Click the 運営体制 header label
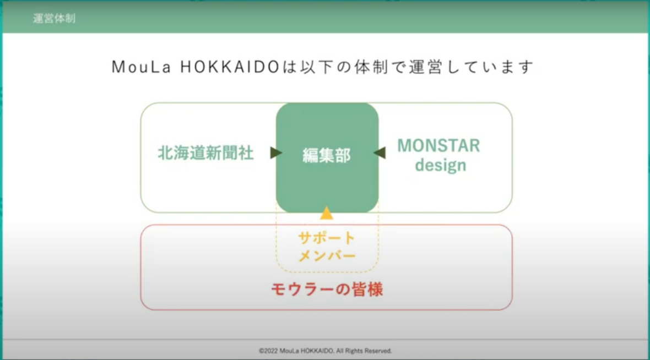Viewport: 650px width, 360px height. pos(55,18)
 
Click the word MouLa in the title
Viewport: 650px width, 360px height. pos(142,67)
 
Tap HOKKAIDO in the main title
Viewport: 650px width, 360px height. pos(230,67)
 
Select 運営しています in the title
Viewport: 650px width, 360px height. pos(472,67)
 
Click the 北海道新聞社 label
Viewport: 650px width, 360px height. pos(205,153)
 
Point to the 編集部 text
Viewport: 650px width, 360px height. pos(327,155)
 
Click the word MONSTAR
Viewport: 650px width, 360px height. pos(438,146)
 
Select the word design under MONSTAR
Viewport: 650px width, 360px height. pos(441,165)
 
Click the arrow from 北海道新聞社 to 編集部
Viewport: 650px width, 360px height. pos(276,152)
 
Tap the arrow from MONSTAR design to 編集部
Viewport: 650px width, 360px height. pos(380,152)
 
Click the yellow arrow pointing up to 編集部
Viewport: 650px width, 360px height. pos(327,213)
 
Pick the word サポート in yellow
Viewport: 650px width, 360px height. pos(327,238)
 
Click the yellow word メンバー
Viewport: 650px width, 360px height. pos(327,255)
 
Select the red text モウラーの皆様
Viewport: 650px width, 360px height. pos(327,289)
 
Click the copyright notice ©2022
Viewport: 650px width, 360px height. pos(268,351)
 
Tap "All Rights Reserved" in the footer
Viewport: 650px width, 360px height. pos(364,351)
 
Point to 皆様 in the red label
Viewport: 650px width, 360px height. pos(367,289)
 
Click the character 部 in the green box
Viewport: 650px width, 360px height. pos(343,155)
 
